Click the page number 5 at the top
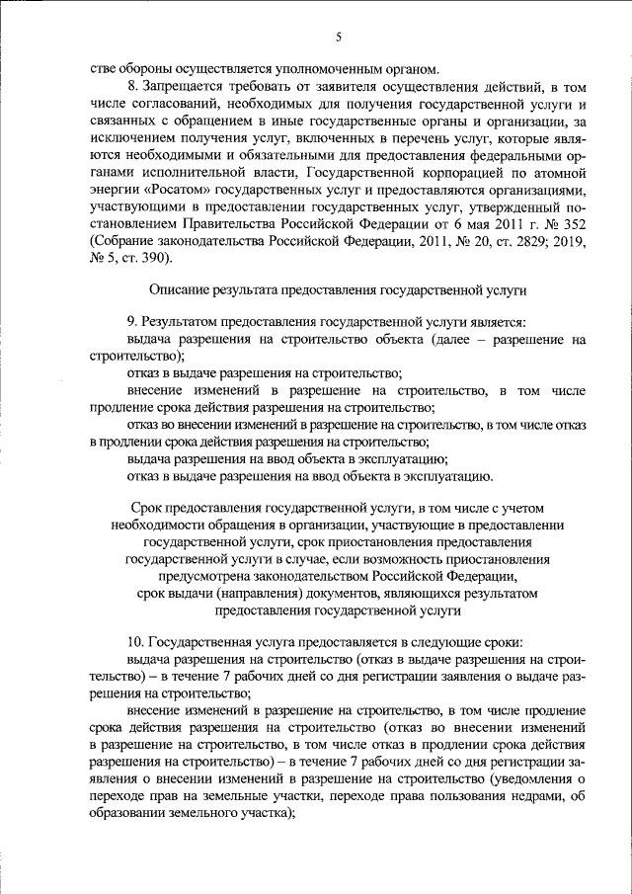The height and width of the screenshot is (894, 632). [x=338, y=38]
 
